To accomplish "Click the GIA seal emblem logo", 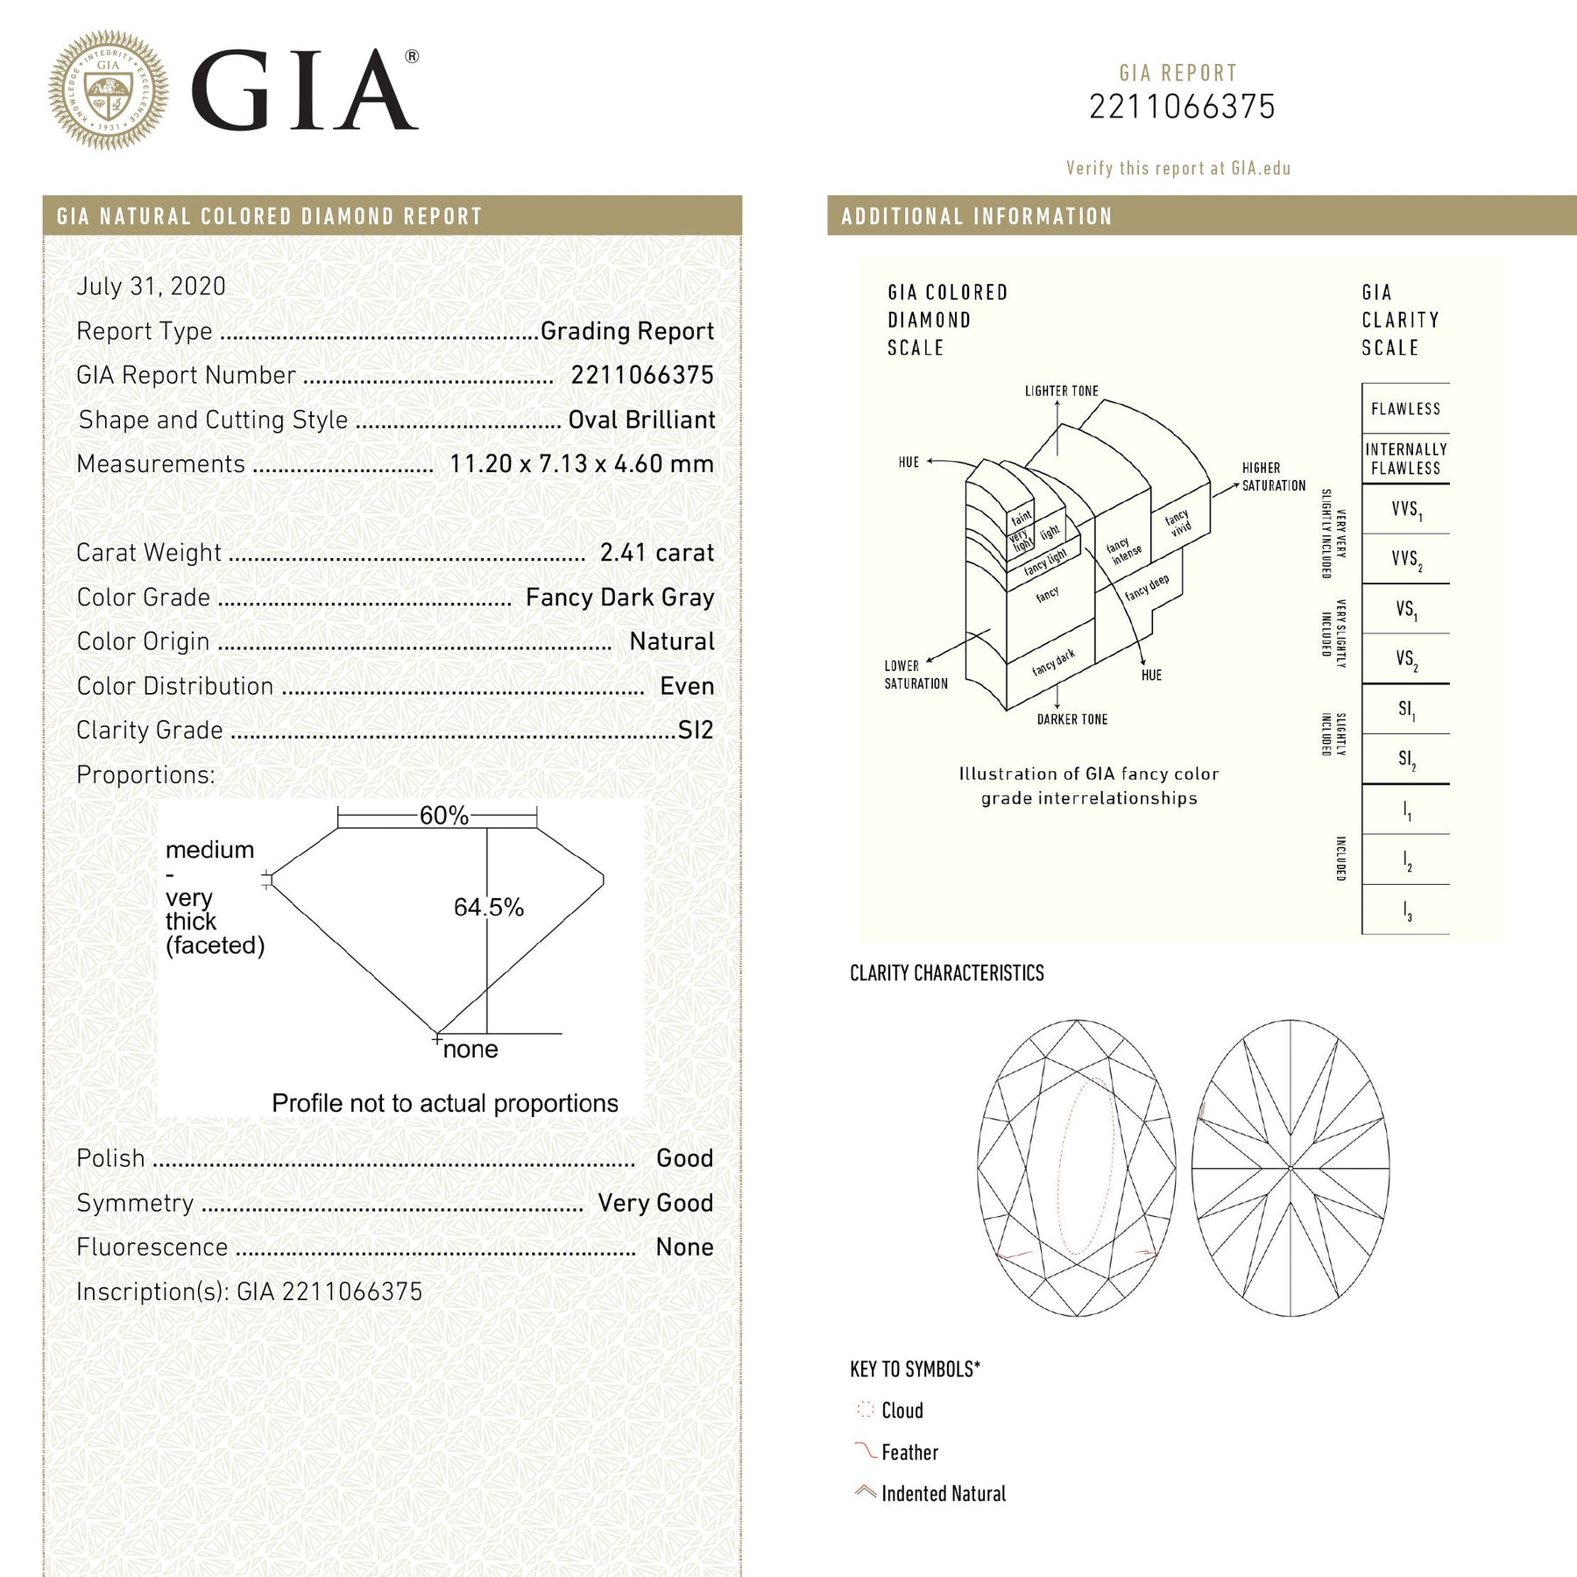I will coord(108,90).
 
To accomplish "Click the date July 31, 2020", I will coord(151,286).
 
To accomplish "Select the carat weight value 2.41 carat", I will coord(656,553).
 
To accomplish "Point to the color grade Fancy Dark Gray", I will coord(619,598).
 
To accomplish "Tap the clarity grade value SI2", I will coord(696,731).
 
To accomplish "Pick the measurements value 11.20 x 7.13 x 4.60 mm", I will coord(581,464).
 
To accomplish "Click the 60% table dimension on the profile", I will coord(443,816).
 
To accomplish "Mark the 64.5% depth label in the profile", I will coord(488,908).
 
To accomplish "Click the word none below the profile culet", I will coord(470,1050).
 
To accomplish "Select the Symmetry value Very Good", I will coord(655,1203).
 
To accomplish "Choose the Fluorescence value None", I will coord(684,1248).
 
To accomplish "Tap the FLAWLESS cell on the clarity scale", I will coord(1405,409).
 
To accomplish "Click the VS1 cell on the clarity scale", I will coord(1405,609).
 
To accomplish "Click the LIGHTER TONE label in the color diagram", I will coord(1061,391).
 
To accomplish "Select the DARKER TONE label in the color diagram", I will coord(1071,719).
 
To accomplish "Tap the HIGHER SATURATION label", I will coord(1273,477).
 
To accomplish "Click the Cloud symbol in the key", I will coord(866,1410).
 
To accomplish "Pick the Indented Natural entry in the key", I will coord(943,1494).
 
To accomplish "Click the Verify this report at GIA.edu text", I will coord(1177,168).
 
